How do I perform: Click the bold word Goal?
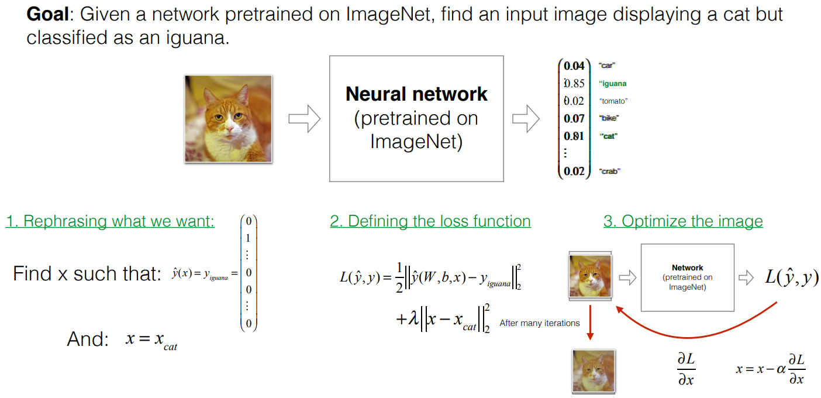(x=46, y=15)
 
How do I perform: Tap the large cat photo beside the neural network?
(x=229, y=119)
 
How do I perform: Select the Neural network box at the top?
(x=416, y=118)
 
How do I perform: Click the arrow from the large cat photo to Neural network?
(x=304, y=119)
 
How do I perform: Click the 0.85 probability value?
(x=574, y=84)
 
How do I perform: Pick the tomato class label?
(x=613, y=101)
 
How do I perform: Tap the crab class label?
(x=609, y=171)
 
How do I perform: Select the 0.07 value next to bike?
(x=574, y=119)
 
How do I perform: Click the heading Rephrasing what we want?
(x=110, y=221)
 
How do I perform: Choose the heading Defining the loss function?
(x=430, y=221)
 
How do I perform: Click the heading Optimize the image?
(x=683, y=221)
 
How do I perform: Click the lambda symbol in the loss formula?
(x=414, y=320)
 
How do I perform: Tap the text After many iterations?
(x=540, y=323)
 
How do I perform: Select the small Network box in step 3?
(x=688, y=277)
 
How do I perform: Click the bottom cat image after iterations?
(x=594, y=370)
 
